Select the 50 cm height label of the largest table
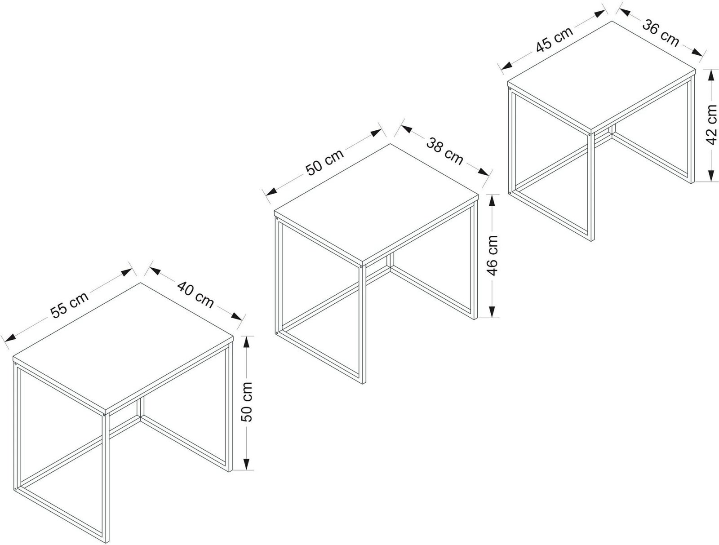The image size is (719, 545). click(x=247, y=402)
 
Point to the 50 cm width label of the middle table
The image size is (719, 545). click(x=324, y=162)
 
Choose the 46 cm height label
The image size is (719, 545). click(x=492, y=256)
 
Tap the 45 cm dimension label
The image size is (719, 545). click(x=555, y=39)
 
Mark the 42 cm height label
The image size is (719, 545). click(x=711, y=124)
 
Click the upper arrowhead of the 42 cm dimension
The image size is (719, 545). click(x=711, y=76)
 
